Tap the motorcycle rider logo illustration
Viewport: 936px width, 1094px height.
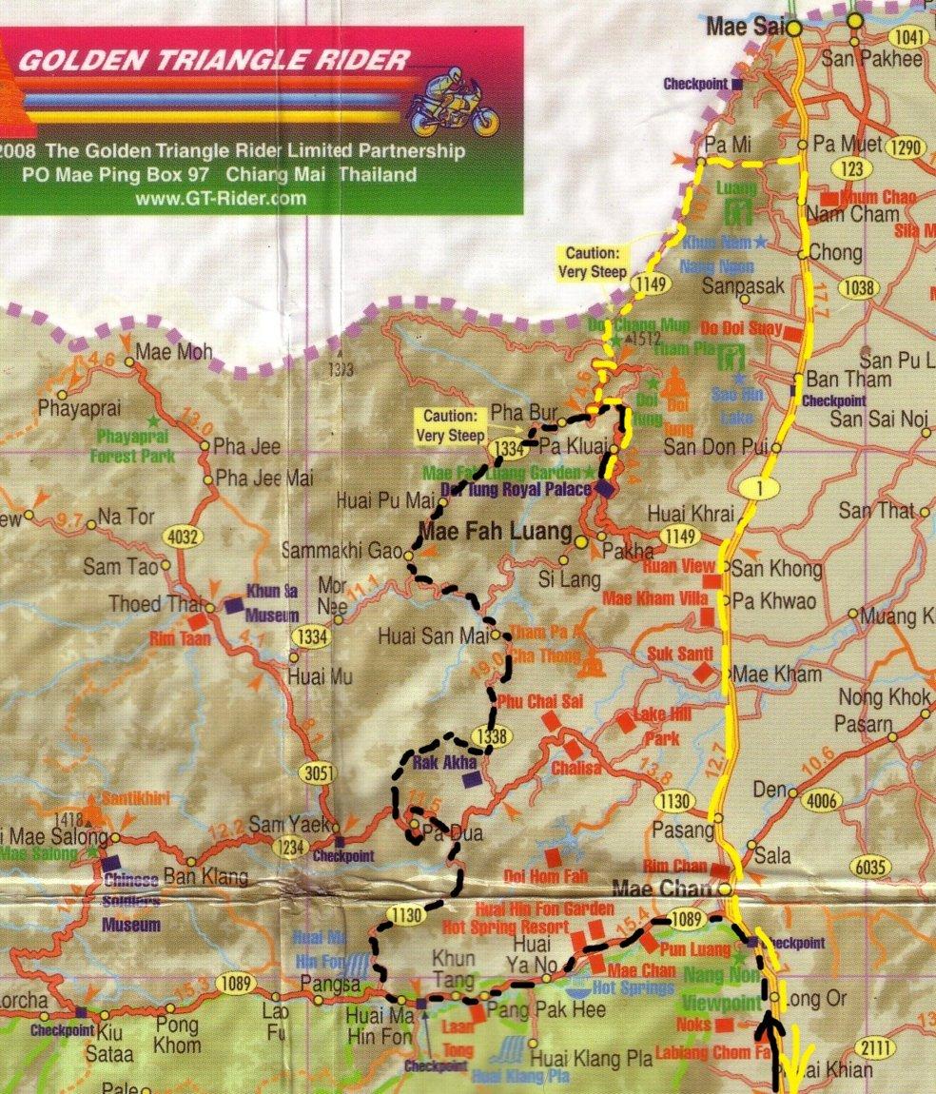point(454,103)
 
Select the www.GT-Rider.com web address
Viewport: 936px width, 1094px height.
point(221,198)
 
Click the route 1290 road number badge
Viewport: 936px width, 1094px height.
point(905,147)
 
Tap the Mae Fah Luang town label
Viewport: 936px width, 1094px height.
point(496,531)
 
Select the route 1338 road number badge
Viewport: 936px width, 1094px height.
point(491,735)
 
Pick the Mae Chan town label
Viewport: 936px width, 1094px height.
point(663,889)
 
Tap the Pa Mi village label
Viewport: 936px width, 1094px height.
point(723,145)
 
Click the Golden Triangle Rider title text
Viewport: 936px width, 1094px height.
point(214,62)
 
